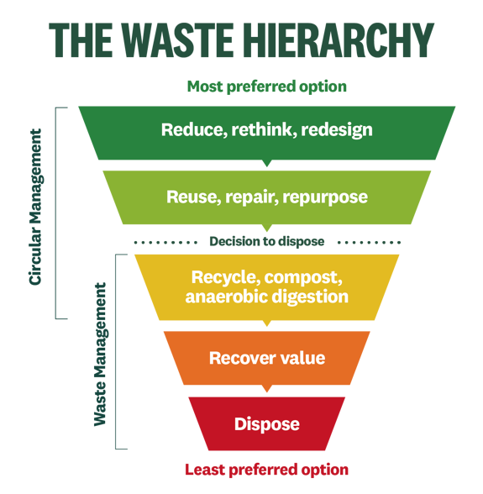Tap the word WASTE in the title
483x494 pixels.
click(x=177, y=40)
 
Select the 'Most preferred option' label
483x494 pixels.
click(x=267, y=87)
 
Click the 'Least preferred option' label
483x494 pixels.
click(x=266, y=470)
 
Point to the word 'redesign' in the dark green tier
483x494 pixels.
click(x=337, y=129)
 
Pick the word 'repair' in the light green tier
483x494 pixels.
click(x=252, y=197)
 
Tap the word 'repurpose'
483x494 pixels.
click(x=325, y=197)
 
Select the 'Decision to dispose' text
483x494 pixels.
click(x=267, y=242)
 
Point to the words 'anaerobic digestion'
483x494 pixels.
click(x=267, y=297)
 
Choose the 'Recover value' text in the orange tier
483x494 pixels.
click(x=267, y=358)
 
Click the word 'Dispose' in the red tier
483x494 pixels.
click(x=267, y=424)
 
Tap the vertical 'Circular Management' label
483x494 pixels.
click(x=35, y=207)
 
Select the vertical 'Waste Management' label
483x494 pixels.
click(x=101, y=355)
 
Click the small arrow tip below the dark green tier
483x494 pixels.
click(x=267, y=166)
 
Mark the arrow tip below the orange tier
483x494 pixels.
click(x=267, y=392)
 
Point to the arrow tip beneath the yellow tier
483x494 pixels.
click(x=267, y=325)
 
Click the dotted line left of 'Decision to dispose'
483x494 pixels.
click(x=165, y=243)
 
